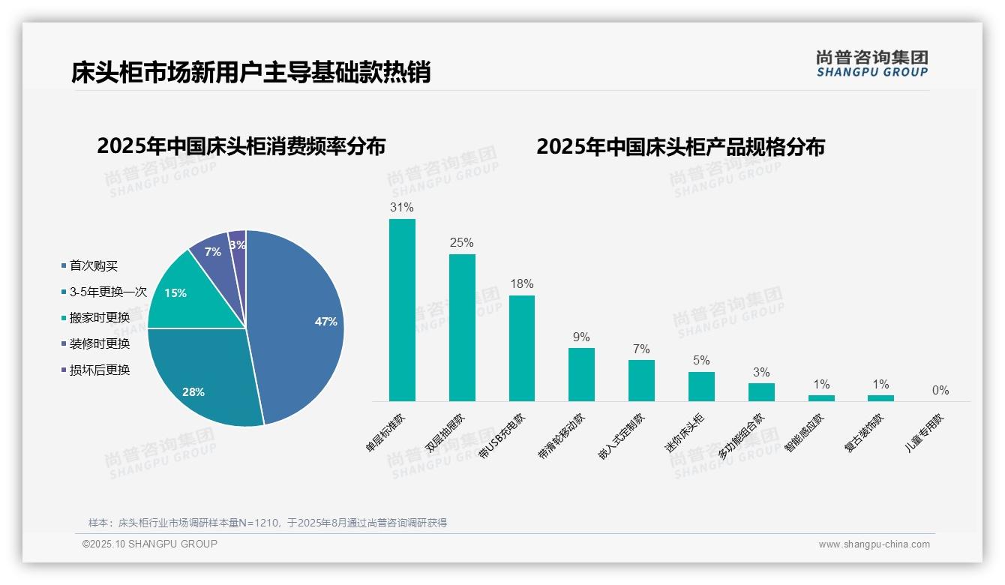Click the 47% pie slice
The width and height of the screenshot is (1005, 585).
(x=300, y=322)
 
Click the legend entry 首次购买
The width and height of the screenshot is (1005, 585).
(x=93, y=266)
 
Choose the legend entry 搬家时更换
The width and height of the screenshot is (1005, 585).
(x=99, y=317)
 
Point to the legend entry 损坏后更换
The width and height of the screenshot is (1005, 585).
(x=99, y=370)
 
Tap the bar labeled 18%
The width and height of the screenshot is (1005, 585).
(x=522, y=348)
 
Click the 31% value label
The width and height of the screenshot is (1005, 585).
(x=402, y=207)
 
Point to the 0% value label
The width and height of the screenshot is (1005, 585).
(x=940, y=390)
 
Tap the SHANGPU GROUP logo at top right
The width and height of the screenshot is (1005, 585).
(x=871, y=64)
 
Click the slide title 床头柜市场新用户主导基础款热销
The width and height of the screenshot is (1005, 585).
(x=251, y=72)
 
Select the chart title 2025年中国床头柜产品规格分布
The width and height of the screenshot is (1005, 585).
(x=680, y=147)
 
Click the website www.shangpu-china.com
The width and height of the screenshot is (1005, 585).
(x=874, y=544)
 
